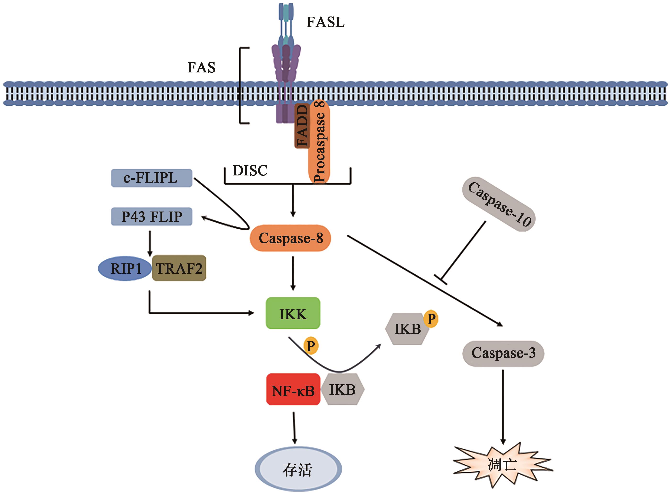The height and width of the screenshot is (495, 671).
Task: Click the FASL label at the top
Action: [x=325, y=22]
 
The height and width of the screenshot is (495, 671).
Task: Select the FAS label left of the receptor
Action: [x=202, y=67]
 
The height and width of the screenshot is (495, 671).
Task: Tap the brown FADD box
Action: [x=302, y=126]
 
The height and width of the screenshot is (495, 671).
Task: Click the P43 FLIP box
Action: [x=151, y=216]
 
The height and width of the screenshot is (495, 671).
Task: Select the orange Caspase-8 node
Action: [x=290, y=238]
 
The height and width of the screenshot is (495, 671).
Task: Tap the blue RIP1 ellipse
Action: [x=125, y=268]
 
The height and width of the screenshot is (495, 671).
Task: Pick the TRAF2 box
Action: [x=179, y=268]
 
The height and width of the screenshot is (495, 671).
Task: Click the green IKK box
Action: [x=293, y=313]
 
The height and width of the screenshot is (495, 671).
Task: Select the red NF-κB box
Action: [x=293, y=390]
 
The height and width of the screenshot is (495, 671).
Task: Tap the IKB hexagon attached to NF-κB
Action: [x=342, y=390]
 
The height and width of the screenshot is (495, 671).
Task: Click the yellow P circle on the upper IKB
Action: [x=431, y=319]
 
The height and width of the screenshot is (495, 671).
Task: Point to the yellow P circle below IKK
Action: [x=311, y=346]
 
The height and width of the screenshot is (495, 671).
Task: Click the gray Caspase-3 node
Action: [x=503, y=353]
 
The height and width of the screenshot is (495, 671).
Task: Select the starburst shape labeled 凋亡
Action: [x=502, y=465]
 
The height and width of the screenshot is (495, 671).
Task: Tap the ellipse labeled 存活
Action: [x=298, y=469]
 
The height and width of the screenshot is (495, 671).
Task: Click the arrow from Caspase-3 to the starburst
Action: [x=503, y=408]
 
